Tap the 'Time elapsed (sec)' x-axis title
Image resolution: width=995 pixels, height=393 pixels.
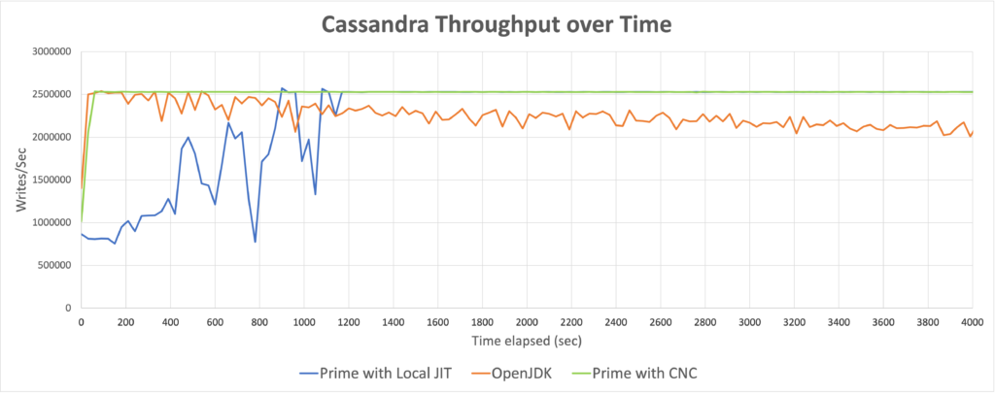[527, 341]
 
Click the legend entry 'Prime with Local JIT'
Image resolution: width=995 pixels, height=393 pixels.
[375, 374]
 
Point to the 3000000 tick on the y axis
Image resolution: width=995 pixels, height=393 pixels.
[53, 51]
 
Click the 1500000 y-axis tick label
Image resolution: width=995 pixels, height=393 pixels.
[53, 180]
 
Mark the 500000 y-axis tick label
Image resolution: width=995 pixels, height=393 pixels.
[55, 266]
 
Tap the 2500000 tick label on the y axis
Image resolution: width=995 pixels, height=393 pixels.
[53, 94]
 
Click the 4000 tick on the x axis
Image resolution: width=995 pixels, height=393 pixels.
[973, 322]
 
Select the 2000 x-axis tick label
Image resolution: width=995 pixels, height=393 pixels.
[527, 322]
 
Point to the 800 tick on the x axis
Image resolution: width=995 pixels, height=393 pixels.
[258, 322]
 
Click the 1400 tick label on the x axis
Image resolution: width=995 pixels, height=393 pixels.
[393, 322]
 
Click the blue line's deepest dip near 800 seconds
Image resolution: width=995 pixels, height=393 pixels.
[256, 242]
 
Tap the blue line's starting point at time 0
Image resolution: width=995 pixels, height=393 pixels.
[82, 234]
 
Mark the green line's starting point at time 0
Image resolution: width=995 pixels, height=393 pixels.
[82, 221]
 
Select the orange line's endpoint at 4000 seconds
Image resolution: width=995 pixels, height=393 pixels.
[973, 131]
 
